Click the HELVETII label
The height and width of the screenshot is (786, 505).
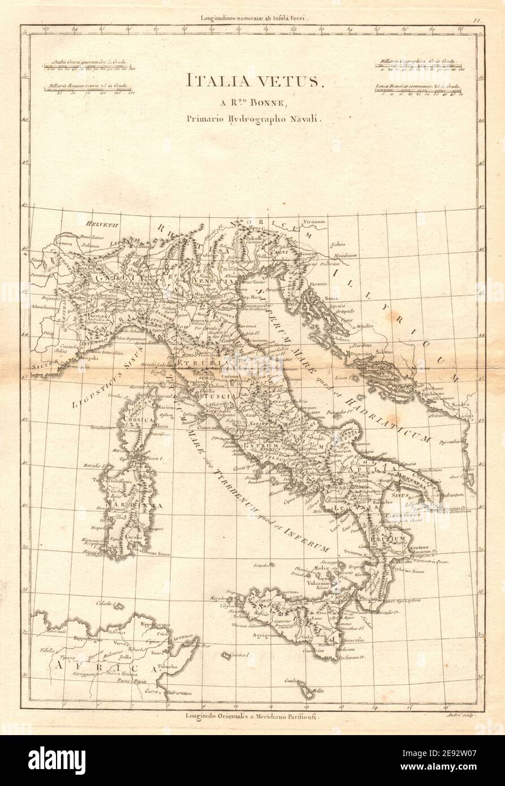(93, 215)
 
